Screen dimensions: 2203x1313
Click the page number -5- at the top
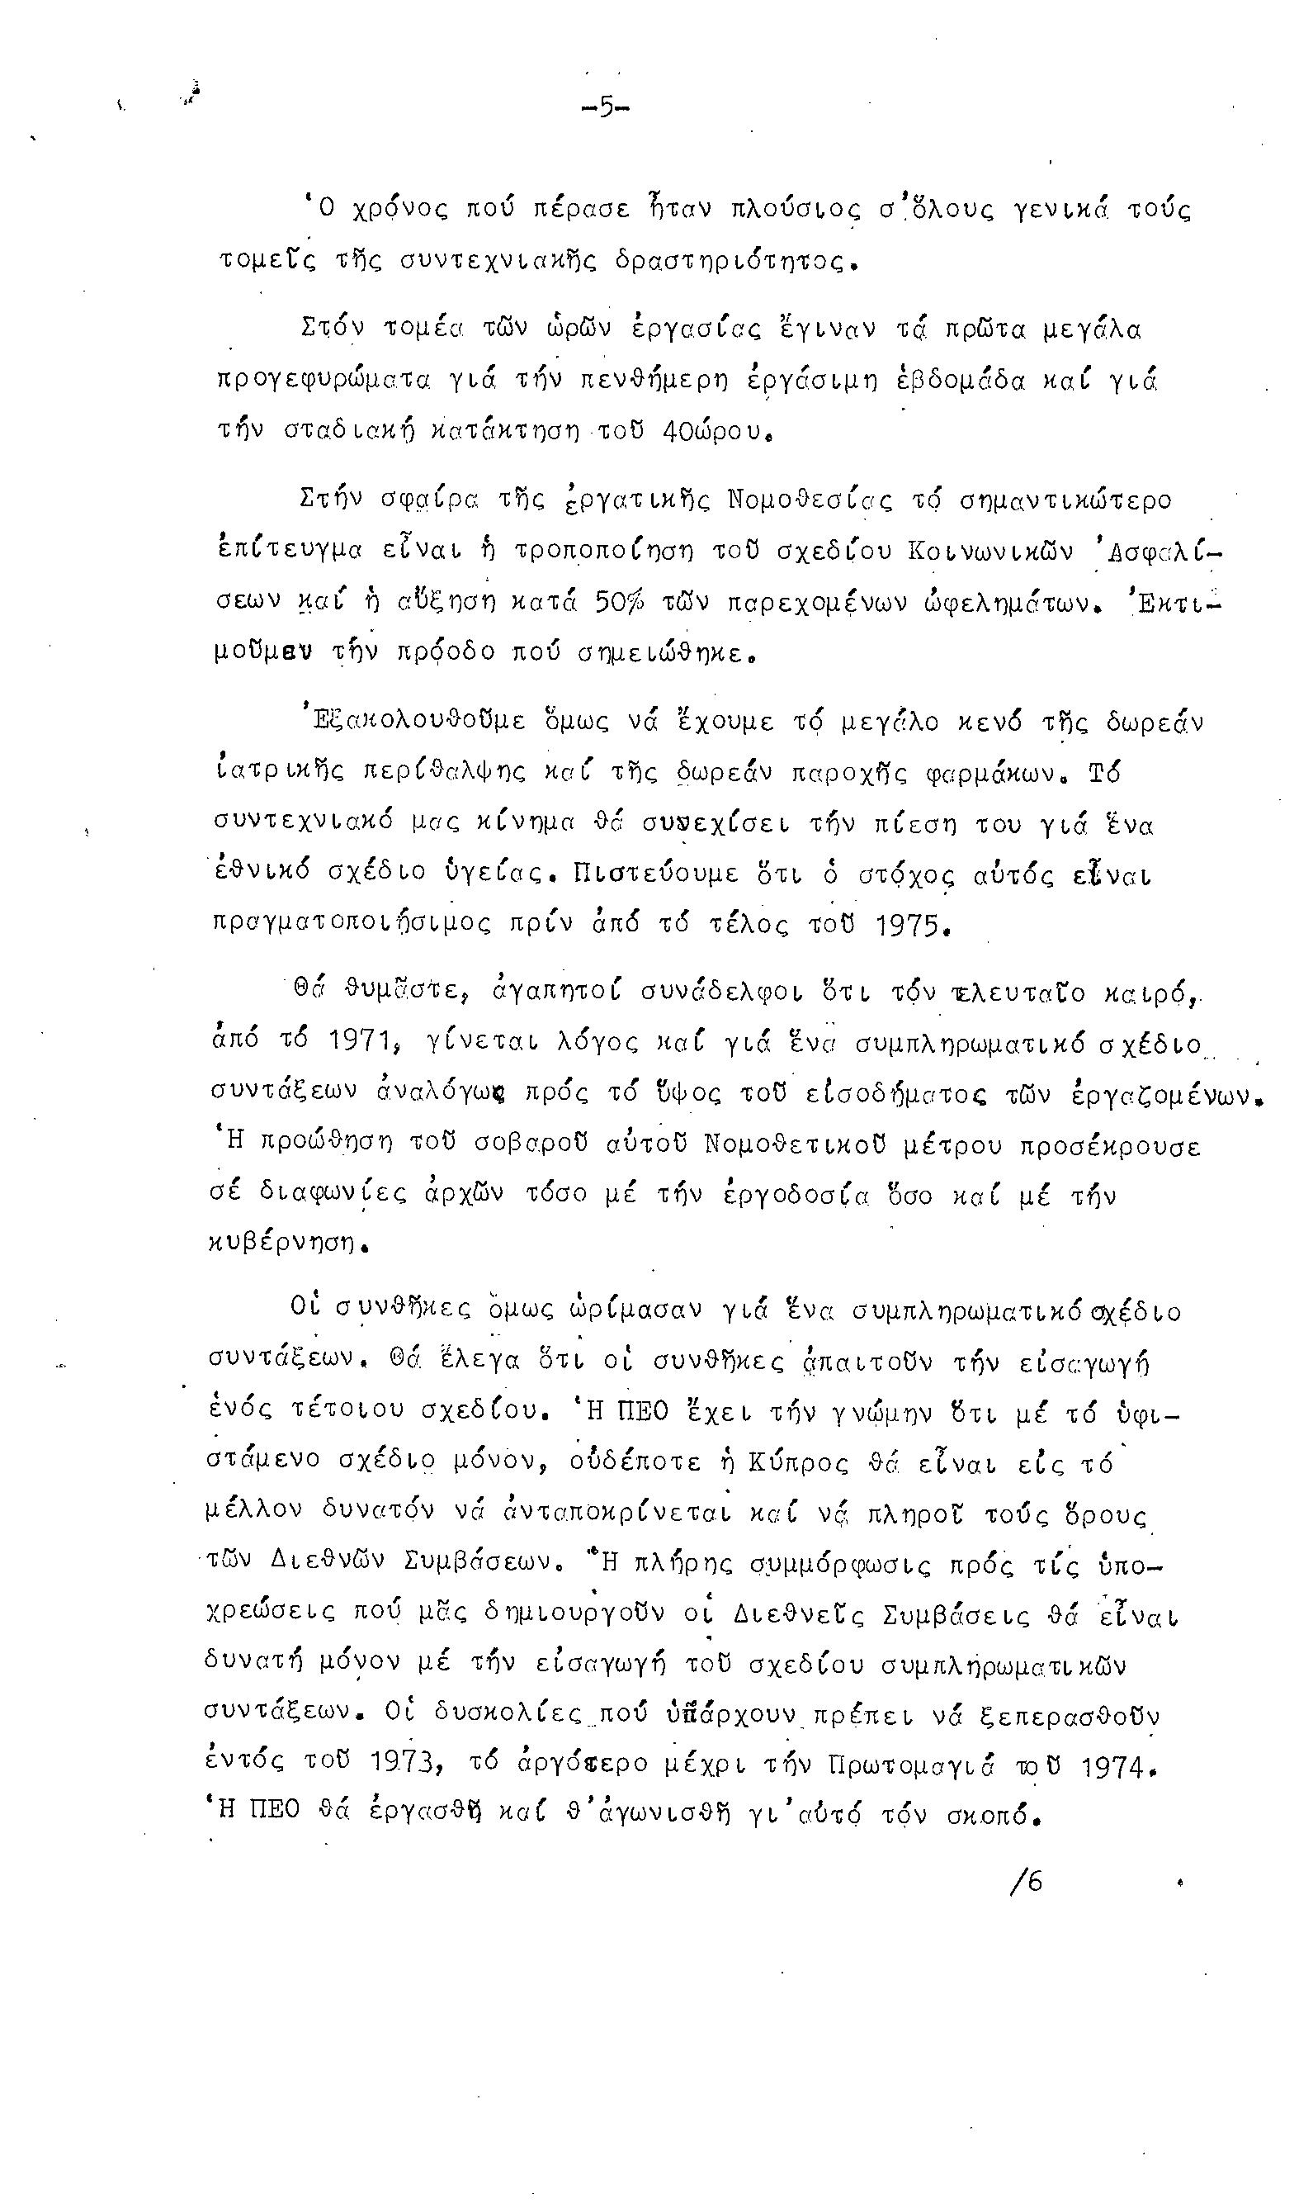(605, 108)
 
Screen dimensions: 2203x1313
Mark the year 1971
(358, 1044)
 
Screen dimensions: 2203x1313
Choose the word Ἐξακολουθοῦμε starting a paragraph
(418, 721)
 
